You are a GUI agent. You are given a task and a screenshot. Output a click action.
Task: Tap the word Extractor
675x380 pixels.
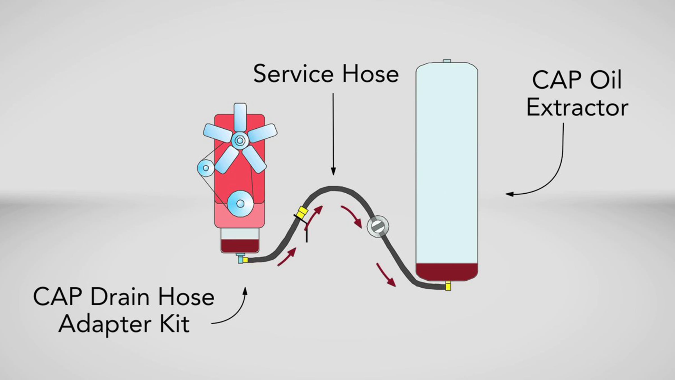[x=577, y=108]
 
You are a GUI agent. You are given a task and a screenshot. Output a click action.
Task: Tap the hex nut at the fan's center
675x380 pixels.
[x=240, y=140]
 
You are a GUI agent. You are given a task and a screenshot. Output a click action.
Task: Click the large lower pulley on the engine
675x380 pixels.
[x=240, y=204]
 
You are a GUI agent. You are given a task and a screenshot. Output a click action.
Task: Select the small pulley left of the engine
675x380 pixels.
[x=206, y=168]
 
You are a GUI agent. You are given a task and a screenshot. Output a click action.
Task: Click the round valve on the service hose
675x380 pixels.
[x=378, y=226]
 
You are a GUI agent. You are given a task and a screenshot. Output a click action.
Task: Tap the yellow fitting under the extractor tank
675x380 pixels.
[x=448, y=287]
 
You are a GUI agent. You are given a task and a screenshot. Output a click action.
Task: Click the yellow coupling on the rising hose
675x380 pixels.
[x=303, y=212]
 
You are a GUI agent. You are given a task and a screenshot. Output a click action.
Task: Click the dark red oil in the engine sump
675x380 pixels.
[x=240, y=246]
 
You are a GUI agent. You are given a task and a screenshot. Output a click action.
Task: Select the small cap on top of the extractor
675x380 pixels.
[x=447, y=61]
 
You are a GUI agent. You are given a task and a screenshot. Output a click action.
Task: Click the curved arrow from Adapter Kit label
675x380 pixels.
[x=236, y=312]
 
